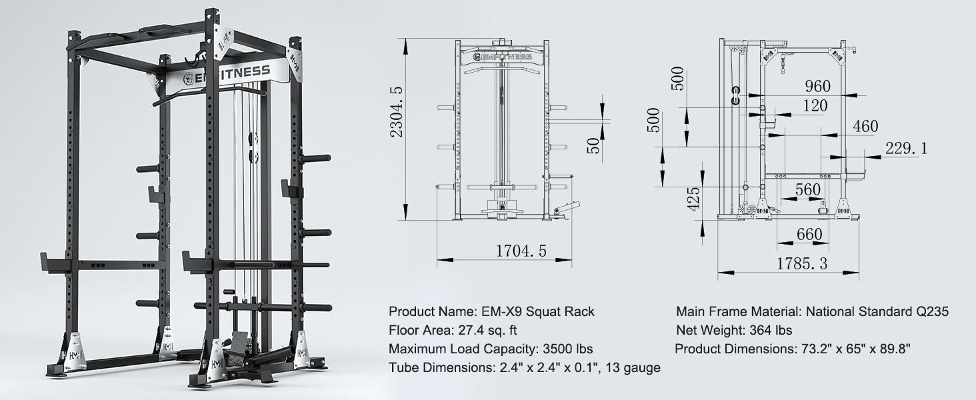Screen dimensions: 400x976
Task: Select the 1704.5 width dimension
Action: point(521,251)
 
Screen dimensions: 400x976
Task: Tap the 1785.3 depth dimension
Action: point(801,264)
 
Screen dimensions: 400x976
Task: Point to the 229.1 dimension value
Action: point(907,149)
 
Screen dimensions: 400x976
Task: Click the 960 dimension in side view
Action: point(817,86)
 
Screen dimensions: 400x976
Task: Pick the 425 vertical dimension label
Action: point(693,199)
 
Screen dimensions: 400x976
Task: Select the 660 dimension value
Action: point(809,235)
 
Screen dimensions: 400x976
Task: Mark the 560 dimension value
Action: point(807,189)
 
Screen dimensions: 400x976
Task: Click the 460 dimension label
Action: point(865,126)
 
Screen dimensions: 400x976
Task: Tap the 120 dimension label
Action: point(815,105)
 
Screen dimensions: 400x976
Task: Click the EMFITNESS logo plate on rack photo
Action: point(227,71)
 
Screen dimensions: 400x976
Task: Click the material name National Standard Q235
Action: point(877,311)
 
